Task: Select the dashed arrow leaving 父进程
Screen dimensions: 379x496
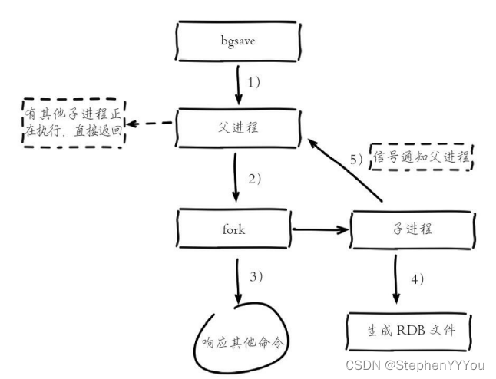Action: pyautogui.click(x=151, y=124)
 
